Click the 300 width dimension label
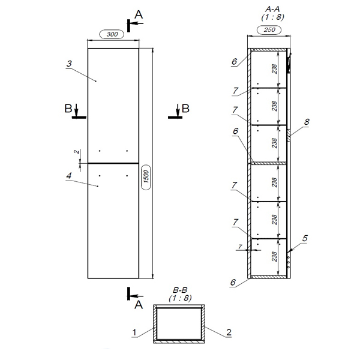tap(112, 34)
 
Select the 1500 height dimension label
tap(146, 176)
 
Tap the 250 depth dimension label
tap(269, 29)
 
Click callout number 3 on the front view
tap(69, 64)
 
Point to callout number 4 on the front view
tap(68, 176)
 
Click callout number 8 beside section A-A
tap(307, 122)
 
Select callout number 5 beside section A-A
tap(305, 238)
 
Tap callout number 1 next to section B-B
tap(134, 332)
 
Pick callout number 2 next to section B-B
tap(229, 332)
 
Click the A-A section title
tap(272, 9)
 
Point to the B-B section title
tap(180, 290)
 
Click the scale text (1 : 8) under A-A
tap(272, 17)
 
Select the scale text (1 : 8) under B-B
tap(180, 298)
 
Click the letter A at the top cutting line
tap(139, 14)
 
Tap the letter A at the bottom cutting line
tap(139, 305)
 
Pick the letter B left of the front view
tap(68, 109)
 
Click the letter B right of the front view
tap(185, 109)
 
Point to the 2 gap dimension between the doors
tap(76, 152)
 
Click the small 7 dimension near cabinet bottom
tap(240, 247)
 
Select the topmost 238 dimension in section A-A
tap(275, 69)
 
